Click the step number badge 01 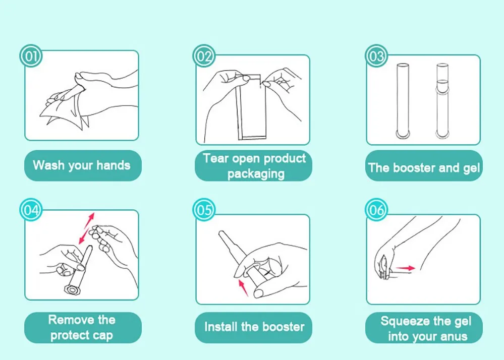coord(31,56)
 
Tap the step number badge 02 coord(204,56)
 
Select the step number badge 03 coord(376,56)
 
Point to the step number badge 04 coord(31,210)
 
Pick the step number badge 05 coord(204,210)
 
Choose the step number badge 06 coord(376,210)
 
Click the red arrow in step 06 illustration coord(405,268)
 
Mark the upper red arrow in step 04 coord(89,220)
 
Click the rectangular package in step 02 coord(251,107)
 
